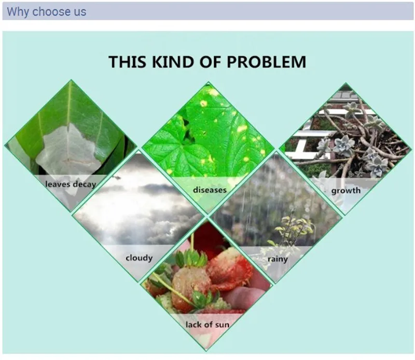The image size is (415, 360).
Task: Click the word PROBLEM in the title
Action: [266, 62]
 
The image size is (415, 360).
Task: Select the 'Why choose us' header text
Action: [47, 11]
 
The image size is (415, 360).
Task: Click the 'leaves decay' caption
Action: [71, 184]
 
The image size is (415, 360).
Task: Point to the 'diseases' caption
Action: [210, 190]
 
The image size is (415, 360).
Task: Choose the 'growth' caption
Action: [346, 190]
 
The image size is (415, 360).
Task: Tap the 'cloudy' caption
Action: [139, 258]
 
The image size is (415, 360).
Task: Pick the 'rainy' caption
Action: [278, 259]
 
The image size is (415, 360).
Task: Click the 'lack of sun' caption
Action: [208, 325]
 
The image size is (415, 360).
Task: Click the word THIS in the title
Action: [127, 62]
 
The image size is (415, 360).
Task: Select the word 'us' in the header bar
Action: [80, 12]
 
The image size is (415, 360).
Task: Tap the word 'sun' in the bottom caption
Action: [223, 325]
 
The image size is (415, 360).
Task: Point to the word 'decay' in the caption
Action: [85, 185]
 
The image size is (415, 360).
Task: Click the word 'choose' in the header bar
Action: [51, 11]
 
